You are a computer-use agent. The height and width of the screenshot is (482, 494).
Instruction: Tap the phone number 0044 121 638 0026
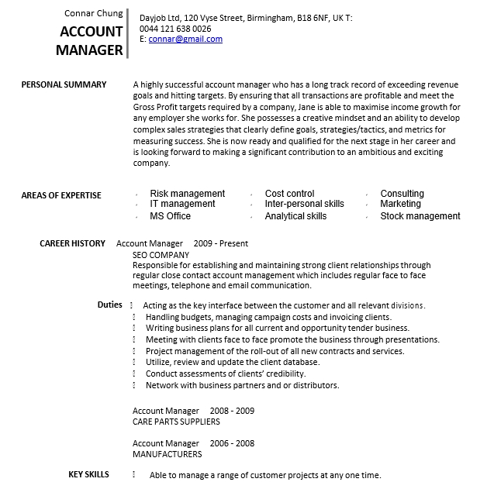pyautogui.click(x=174, y=29)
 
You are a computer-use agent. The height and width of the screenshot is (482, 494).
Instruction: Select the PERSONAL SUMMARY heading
pyautogui.click(x=64, y=84)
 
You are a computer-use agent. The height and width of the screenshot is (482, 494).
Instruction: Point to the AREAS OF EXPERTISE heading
pyautogui.click(x=61, y=195)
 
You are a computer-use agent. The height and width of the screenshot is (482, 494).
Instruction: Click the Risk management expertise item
pyautogui.click(x=187, y=194)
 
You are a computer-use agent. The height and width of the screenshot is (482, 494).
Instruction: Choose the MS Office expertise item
pyautogui.click(x=170, y=216)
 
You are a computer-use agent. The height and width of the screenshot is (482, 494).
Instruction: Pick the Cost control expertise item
pyautogui.click(x=289, y=194)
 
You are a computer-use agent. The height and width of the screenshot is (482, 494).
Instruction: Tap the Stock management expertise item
pyautogui.click(x=420, y=216)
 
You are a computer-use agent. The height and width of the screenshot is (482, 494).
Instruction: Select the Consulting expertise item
pyautogui.click(x=402, y=194)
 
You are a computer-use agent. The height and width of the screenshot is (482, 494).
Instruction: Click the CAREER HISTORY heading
pyautogui.click(x=72, y=243)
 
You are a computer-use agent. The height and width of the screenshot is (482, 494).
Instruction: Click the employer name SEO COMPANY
pyautogui.click(x=161, y=254)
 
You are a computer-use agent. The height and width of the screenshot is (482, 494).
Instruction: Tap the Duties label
pyautogui.click(x=109, y=305)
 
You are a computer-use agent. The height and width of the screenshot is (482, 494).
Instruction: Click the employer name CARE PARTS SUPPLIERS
pyautogui.click(x=176, y=422)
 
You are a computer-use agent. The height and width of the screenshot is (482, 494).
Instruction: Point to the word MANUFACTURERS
pyautogui.click(x=167, y=454)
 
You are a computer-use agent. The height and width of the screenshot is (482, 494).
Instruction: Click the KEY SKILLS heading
pyautogui.click(x=88, y=474)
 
